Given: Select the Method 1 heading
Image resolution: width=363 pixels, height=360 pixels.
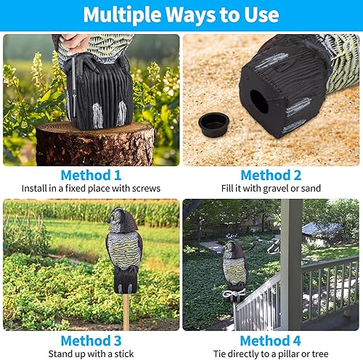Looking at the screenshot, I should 91,175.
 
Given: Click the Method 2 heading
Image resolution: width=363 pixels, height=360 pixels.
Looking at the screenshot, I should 271,175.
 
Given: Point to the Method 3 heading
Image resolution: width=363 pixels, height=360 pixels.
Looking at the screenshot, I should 91,340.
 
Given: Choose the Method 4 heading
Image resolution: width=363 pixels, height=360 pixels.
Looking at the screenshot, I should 271,340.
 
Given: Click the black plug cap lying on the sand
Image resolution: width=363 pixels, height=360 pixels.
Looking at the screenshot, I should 214,124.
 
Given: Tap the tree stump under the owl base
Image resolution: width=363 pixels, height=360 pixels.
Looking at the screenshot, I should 94,143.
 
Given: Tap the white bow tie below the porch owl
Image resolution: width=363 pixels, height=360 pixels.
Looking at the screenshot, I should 233,293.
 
